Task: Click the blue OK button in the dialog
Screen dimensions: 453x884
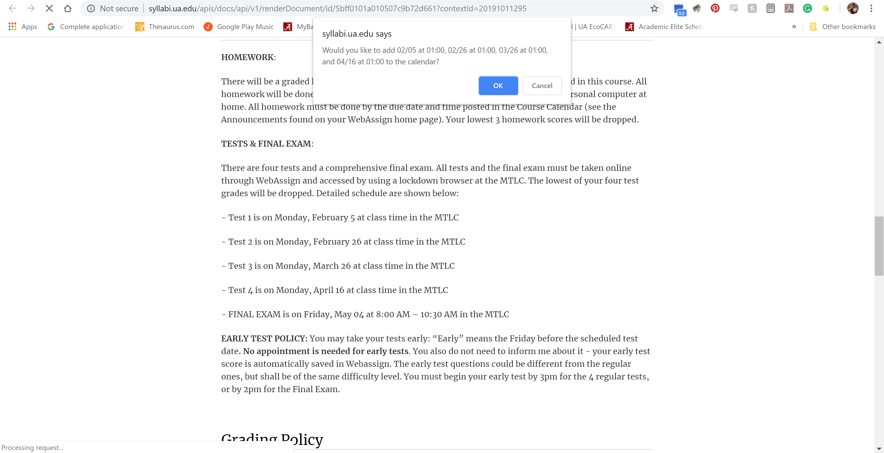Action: click(498, 86)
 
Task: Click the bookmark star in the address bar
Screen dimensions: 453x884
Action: click(654, 9)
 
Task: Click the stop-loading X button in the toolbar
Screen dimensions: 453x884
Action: click(49, 9)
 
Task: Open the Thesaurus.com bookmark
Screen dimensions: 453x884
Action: click(165, 27)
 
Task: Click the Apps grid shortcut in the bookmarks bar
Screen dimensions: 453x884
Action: click(23, 27)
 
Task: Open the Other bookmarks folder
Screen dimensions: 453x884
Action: click(843, 27)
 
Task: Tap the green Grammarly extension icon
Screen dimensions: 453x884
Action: click(807, 9)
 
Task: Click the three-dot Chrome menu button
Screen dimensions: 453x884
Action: click(871, 9)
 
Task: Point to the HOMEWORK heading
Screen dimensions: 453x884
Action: click(248, 57)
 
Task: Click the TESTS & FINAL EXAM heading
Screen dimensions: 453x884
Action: click(267, 144)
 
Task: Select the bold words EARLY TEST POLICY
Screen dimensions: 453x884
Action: click(264, 339)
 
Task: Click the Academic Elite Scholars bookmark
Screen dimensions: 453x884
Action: click(664, 27)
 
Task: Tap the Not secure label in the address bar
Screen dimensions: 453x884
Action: click(119, 9)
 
